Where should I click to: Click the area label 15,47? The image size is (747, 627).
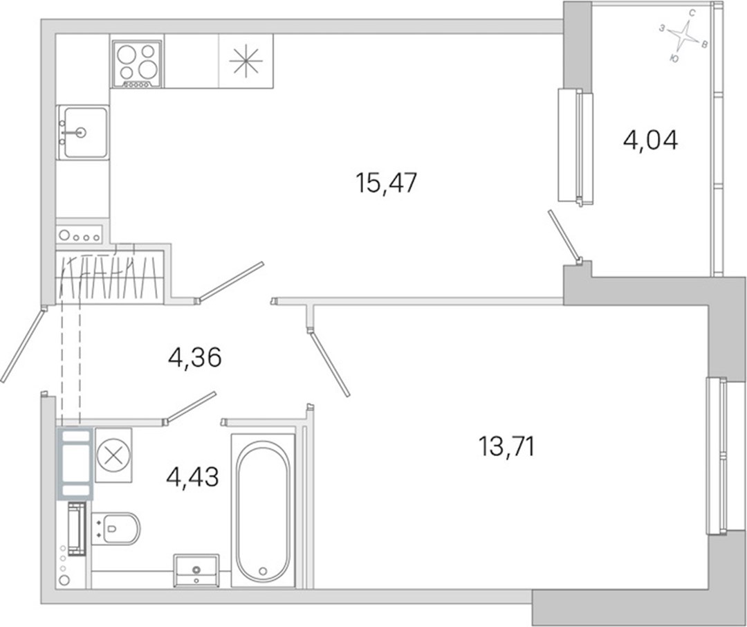coord(386,183)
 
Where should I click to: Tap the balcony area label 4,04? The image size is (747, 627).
coord(650,140)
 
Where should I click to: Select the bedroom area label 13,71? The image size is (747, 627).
coord(506,447)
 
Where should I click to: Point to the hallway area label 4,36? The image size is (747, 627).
coord(195,357)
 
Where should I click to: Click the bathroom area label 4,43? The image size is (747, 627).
coord(192,476)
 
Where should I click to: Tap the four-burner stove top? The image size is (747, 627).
coord(137,64)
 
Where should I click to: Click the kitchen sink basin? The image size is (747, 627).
coord(82,132)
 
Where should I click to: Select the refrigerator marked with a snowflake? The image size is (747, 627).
coord(246,61)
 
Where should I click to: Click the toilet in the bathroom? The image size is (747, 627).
coord(116,528)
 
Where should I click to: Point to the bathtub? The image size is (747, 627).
coord(263,511)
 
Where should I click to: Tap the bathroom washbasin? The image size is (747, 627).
coord(196,570)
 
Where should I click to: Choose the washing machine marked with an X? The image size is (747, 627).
coord(113,455)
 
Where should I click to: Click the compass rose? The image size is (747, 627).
coord(684,36)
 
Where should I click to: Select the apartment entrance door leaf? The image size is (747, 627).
coord(22,344)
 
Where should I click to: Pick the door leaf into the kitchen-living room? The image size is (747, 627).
coord(230,282)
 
